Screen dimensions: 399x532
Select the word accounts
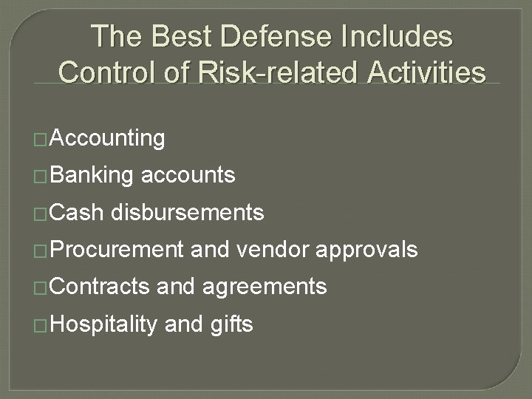click(188, 176)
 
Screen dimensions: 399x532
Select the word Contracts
click(102, 286)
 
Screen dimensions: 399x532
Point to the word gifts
click(230, 324)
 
